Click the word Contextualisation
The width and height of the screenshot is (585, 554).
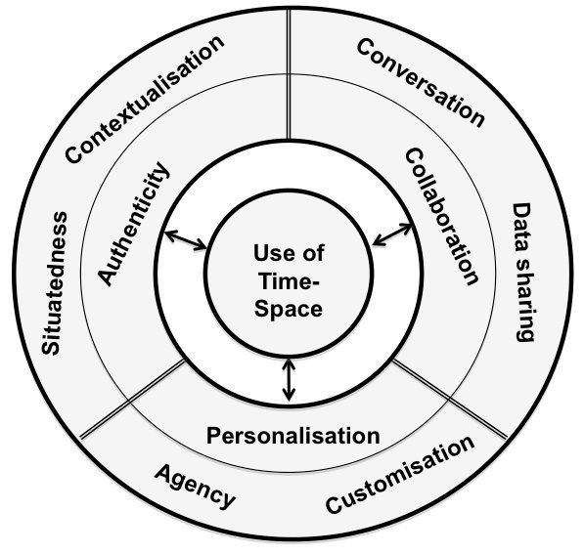tap(145, 99)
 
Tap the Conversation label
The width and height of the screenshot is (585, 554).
tap(421, 83)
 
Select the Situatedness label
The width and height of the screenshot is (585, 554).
tap(55, 283)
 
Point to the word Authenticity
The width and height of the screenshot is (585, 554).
tap(134, 224)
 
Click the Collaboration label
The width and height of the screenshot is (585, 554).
tap(442, 217)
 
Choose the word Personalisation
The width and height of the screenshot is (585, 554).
tap(293, 436)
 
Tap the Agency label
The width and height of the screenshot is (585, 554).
tap(195, 487)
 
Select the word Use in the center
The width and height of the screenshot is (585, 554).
tap(268, 253)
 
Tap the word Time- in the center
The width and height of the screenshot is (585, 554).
tap(289, 280)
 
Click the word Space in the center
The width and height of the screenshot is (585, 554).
tap(289, 310)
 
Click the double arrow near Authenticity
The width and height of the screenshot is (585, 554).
tap(186, 240)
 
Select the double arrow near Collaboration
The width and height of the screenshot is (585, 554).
tap(392, 234)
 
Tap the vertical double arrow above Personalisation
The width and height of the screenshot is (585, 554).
tap(289, 380)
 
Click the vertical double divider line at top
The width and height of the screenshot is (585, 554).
tap(289, 73)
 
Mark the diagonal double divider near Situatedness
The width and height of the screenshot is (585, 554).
tap(132, 399)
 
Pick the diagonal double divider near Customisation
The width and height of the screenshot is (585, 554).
tap(450, 399)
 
